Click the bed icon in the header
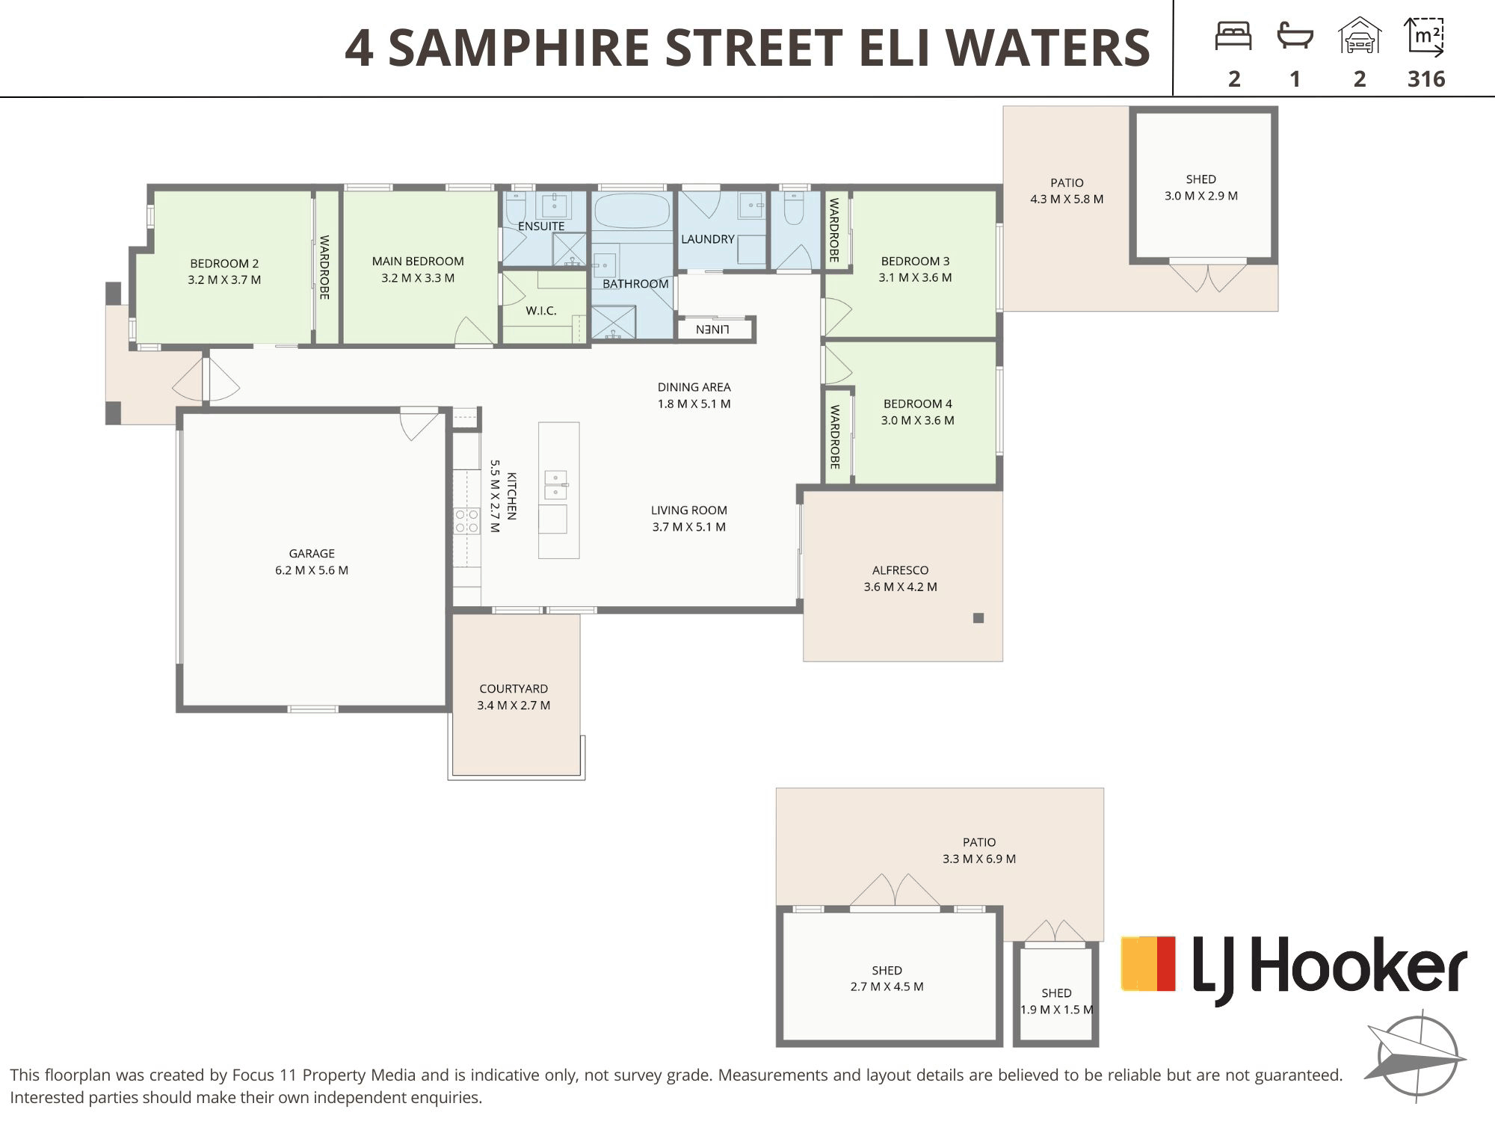pos(1233,36)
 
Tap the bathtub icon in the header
pos(1295,37)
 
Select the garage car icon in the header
pos(1360,35)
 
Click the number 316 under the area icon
pos(1426,79)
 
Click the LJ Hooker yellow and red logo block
pos(1148,964)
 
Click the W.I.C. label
pos(540,311)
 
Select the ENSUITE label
pos(541,226)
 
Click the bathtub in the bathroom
pos(632,211)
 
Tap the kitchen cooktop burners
pos(466,521)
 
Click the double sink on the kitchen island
pos(555,484)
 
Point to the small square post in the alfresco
pos(978,618)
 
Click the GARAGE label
pos(312,554)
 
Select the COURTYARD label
pos(514,689)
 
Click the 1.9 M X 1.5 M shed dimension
pos(1056,1010)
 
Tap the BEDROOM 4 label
pos(917,404)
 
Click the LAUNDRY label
pos(707,239)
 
